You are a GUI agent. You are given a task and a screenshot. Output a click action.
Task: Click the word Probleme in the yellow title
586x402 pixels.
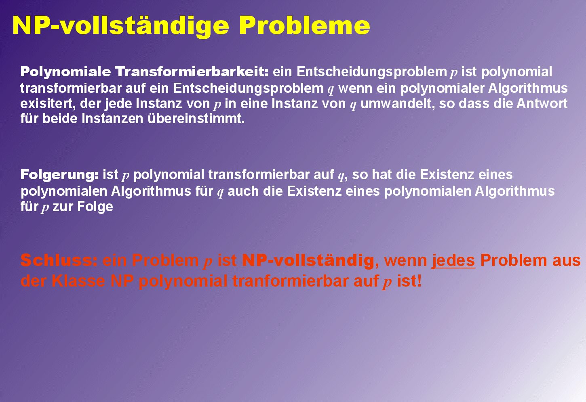point(304,25)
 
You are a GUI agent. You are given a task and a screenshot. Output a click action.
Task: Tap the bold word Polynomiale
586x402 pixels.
point(65,72)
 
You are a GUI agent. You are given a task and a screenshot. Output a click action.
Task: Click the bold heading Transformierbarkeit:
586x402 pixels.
point(192,71)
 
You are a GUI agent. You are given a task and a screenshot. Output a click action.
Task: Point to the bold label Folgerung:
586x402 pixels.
point(59,175)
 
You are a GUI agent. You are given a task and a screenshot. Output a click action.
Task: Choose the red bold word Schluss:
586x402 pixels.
point(59,260)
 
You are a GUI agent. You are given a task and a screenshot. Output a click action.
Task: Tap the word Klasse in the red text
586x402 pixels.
point(78,281)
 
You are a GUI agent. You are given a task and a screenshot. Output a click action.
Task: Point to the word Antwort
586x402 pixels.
point(542,103)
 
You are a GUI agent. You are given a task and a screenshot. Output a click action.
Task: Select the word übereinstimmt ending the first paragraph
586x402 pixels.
point(196,119)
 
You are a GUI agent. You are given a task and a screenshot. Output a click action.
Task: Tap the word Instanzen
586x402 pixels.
point(112,119)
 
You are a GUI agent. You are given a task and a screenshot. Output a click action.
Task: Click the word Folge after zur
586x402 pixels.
point(95,207)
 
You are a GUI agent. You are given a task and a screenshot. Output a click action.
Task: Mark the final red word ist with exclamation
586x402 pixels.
point(409,281)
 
